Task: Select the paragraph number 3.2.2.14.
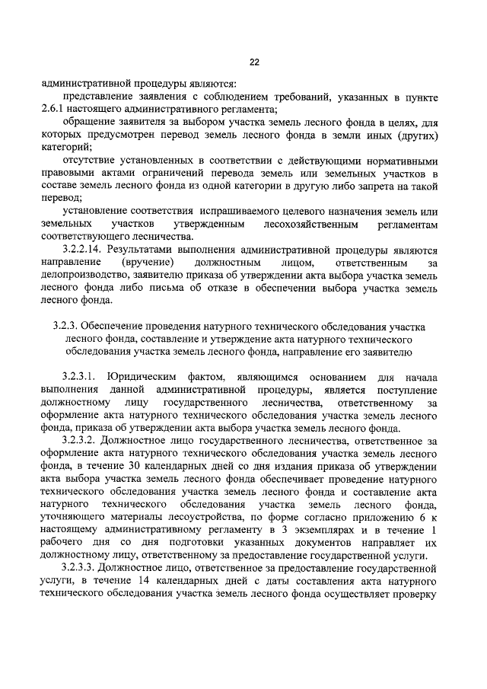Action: pos(82,248)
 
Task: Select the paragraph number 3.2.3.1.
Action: pos(81,377)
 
